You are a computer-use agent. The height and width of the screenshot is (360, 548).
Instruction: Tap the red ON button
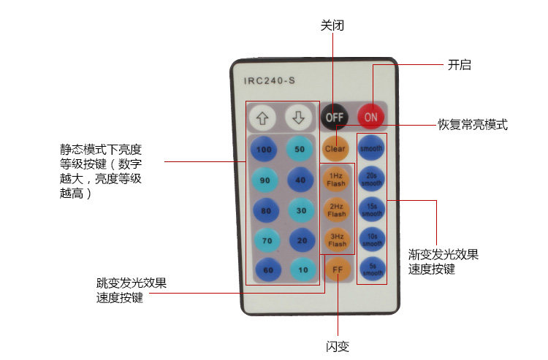coord(371,116)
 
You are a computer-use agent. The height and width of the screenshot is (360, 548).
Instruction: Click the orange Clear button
coord(335,148)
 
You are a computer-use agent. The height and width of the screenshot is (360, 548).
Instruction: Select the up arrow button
coord(263,116)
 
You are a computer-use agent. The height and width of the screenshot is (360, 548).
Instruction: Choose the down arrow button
coord(298,116)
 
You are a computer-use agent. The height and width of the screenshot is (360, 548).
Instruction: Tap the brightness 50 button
coord(299,149)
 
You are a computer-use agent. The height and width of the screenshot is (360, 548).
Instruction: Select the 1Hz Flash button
coord(336,180)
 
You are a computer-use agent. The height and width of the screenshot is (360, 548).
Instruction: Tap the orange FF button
coord(337,269)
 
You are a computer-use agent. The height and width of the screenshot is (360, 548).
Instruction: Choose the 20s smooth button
coord(372,179)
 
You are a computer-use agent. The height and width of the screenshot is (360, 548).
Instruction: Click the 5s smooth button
coord(372,269)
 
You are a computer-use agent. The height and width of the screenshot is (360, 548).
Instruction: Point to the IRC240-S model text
coord(269,80)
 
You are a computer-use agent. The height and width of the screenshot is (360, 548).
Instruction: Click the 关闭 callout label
coord(332,25)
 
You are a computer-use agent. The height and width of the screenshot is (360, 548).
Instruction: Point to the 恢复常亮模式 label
coord(472,125)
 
